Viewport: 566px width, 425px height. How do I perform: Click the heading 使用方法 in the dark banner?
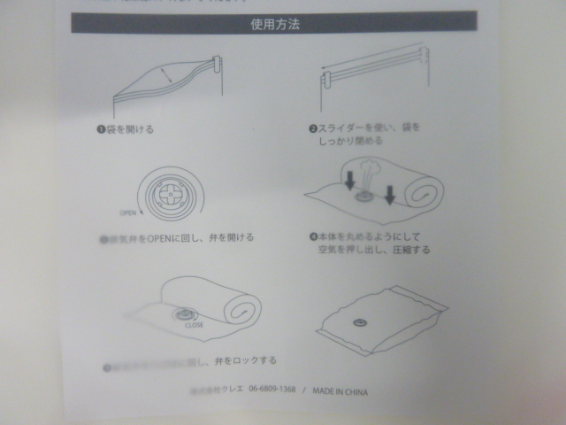(x=274, y=24)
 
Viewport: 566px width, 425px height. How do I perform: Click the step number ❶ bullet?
(x=101, y=129)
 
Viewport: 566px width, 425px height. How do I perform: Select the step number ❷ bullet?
(x=312, y=128)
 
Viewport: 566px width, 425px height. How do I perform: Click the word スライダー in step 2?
(x=343, y=128)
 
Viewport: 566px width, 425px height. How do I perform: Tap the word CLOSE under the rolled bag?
(x=195, y=325)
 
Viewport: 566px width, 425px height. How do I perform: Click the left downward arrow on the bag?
(x=350, y=181)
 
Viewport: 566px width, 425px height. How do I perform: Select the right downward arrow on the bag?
(x=389, y=193)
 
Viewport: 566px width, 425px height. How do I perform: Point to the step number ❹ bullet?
(x=312, y=237)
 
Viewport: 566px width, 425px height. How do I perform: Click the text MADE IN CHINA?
(x=339, y=390)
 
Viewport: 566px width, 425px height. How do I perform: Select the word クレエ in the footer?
(x=232, y=390)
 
